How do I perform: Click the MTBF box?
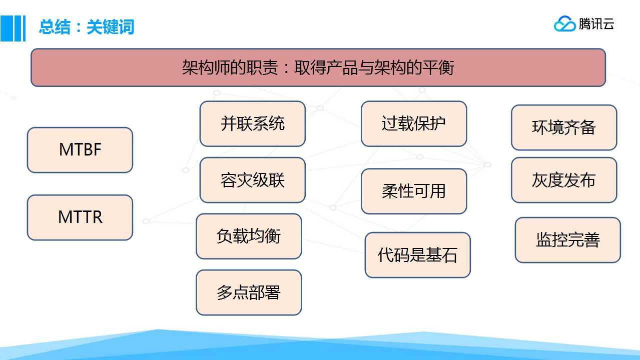(x=80, y=150)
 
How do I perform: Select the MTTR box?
(x=80, y=217)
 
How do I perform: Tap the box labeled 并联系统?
(x=253, y=123)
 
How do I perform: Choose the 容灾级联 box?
(x=253, y=180)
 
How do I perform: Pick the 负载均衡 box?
(x=249, y=236)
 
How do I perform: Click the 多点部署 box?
(x=249, y=292)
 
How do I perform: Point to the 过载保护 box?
(x=414, y=123)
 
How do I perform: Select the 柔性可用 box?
(x=414, y=191)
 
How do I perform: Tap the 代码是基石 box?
(x=418, y=254)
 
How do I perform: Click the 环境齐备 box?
(x=564, y=127)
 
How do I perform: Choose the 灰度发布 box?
(x=564, y=180)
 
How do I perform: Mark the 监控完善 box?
(x=568, y=240)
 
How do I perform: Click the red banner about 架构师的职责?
(x=318, y=67)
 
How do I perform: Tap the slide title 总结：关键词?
(x=87, y=27)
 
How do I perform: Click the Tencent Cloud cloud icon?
(x=564, y=23)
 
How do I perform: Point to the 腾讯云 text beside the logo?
(x=596, y=24)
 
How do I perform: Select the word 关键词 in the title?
(x=110, y=27)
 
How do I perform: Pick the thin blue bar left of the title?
(x=24, y=28)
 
